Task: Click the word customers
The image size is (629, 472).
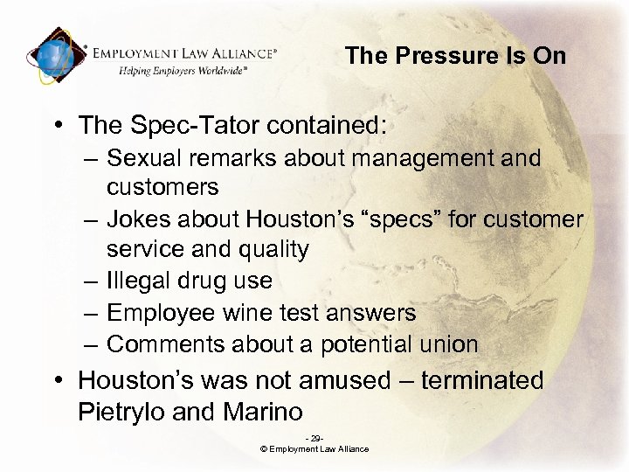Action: click(x=162, y=186)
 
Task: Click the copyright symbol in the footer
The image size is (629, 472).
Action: click(x=263, y=449)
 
